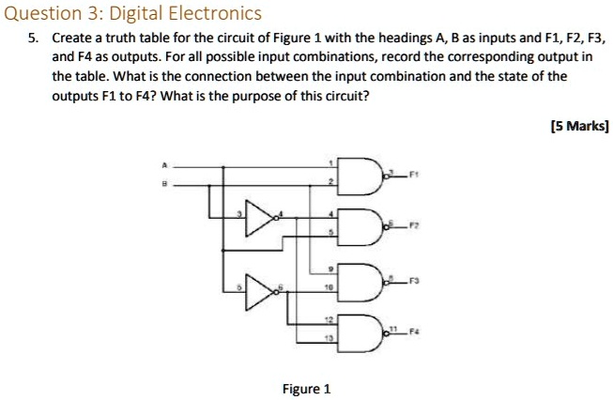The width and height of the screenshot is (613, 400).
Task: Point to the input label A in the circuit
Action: point(165,166)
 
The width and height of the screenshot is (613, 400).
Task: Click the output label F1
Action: point(410,175)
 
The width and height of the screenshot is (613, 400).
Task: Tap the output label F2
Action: point(410,226)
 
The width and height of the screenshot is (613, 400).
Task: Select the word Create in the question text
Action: point(70,40)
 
